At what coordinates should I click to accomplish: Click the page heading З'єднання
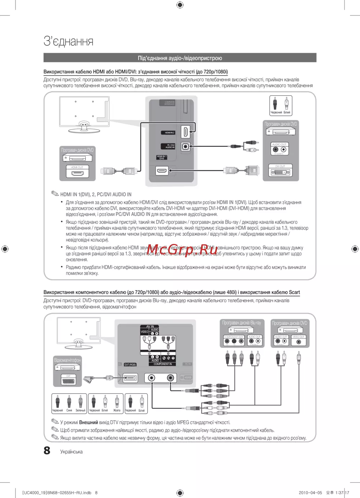68,41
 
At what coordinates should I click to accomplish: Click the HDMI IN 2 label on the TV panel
170,133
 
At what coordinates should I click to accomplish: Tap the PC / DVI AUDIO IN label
170,146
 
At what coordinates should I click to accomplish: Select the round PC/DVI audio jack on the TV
185,146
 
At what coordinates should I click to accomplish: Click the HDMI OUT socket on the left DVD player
77,173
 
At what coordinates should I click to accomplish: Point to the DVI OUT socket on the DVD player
280,172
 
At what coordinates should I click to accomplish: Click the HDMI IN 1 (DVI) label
162,157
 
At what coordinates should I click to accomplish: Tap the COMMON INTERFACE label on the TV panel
170,103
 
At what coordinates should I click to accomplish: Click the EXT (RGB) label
130,365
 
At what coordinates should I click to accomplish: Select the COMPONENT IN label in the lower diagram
163,364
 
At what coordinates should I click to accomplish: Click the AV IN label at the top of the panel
150,326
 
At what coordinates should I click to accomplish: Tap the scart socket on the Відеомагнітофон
68,381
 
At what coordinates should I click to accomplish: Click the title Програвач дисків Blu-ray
241,323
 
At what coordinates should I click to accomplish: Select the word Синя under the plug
69,410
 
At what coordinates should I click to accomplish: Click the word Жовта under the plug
117,410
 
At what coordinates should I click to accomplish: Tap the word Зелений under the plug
80,410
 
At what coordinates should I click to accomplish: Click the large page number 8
47,451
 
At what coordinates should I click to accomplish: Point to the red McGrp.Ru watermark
182,250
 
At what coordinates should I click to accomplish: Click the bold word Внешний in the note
89,422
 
